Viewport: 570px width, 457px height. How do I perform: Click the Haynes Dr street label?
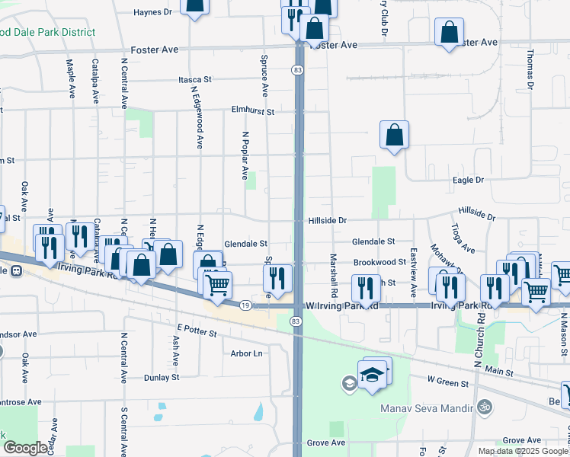point(153,12)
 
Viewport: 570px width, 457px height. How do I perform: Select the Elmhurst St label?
point(252,110)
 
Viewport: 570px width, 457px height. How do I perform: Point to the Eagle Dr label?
point(468,180)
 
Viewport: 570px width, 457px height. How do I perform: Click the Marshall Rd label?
point(334,275)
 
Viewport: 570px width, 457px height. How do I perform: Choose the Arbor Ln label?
point(246,353)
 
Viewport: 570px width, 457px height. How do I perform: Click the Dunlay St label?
point(162,377)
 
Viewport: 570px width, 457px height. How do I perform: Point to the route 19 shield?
point(245,305)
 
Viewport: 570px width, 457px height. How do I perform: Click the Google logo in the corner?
point(25,448)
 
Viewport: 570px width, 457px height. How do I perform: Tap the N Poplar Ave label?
point(245,155)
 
